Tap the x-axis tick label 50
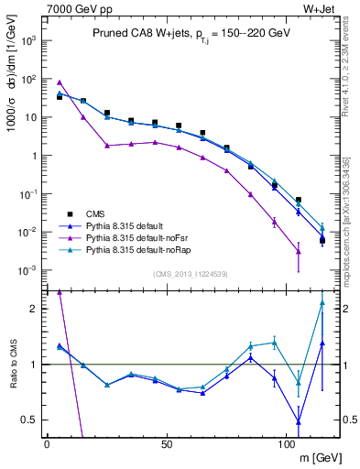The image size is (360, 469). [167, 443]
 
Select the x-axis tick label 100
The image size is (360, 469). [286, 443]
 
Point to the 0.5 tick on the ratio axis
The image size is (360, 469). [33, 420]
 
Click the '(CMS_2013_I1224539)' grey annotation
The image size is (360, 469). [191, 273]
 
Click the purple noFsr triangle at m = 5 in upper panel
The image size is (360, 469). [60, 82]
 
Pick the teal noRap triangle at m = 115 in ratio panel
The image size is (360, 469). [322, 303]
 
